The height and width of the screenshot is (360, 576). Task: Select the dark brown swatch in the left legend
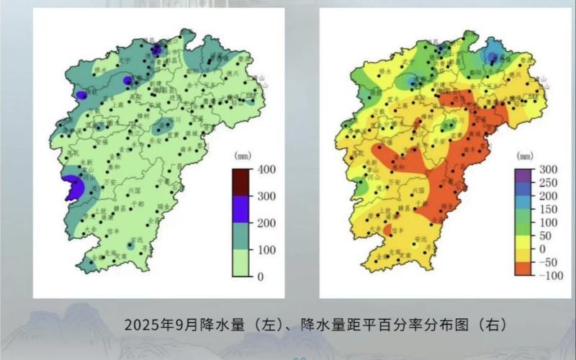click(x=240, y=183)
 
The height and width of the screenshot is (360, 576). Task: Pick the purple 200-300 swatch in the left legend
click(x=240, y=210)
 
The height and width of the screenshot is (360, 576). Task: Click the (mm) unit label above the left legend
click(x=242, y=156)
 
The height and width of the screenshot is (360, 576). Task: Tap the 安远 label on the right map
click(x=419, y=240)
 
